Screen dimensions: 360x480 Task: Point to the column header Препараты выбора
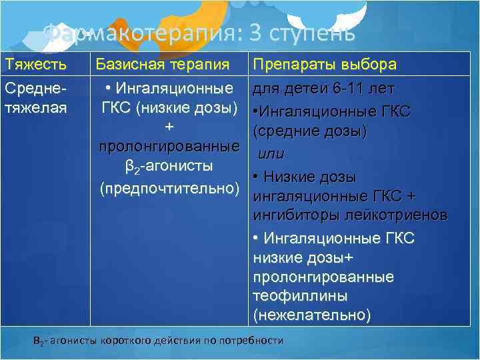pos(325,65)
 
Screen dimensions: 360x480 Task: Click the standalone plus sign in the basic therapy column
pos(169,127)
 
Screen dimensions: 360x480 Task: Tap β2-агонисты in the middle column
pos(169,165)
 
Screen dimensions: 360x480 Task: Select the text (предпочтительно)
pos(169,189)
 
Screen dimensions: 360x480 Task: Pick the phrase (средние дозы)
pos(310,132)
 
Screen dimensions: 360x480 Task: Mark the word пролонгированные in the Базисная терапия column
pos(169,145)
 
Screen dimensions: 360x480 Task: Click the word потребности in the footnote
pos(254,341)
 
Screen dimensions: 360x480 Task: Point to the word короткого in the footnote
pos(126,341)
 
